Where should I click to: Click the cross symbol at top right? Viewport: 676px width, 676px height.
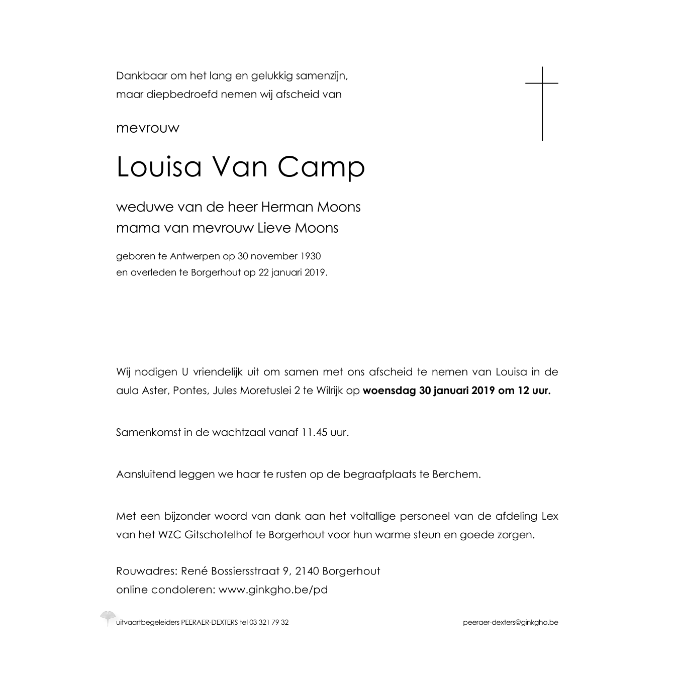pos(542,103)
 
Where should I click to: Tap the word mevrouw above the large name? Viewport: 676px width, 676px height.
pos(147,128)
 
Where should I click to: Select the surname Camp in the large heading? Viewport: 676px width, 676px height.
pos(320,168)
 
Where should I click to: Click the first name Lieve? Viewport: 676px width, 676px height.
pos(274,228)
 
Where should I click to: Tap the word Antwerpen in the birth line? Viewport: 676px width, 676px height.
pos(195,256)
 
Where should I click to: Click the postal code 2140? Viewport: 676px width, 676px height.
pos(307,571)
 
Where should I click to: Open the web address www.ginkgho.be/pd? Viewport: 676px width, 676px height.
pos(273,590)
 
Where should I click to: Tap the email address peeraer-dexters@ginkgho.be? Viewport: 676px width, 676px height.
pos(510,623)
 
